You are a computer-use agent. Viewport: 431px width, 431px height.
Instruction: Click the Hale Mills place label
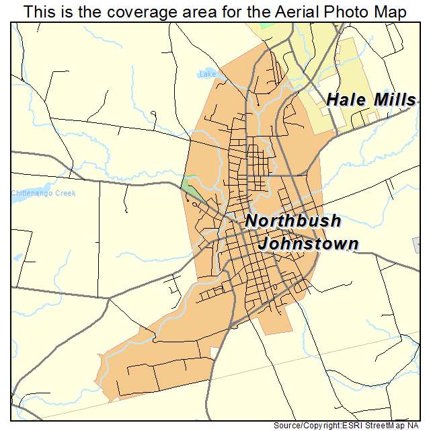[x=371, y=100]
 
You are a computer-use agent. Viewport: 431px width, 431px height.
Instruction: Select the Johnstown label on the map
[x=309, y=243]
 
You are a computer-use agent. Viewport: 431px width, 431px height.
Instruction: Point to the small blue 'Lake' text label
[x=207, y=74]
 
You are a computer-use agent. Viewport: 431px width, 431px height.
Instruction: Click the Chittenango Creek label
[x=44, y=193]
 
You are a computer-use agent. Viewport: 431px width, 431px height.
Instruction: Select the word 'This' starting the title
[x=38, y=12]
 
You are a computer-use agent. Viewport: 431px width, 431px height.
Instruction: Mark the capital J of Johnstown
[x=265, y=243]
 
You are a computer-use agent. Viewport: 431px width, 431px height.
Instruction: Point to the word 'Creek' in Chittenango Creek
[x=65, y=193]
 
